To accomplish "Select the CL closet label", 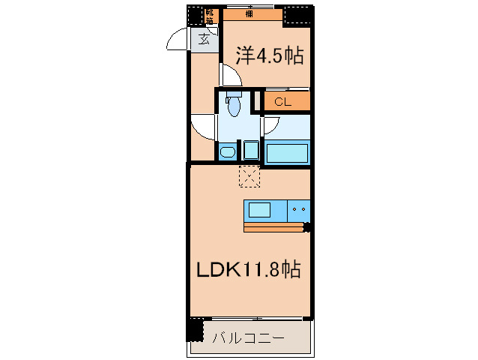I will pyautogui.click(x=282, y=102).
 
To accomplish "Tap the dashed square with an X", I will pyautogui.click(x=248, y=177).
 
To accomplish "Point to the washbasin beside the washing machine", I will pyautogui.click(x=227, y=152).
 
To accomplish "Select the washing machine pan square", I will pyautogui.click(x=251, y=150).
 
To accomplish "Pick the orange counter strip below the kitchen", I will pyautogui.click(x=273, y=226).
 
